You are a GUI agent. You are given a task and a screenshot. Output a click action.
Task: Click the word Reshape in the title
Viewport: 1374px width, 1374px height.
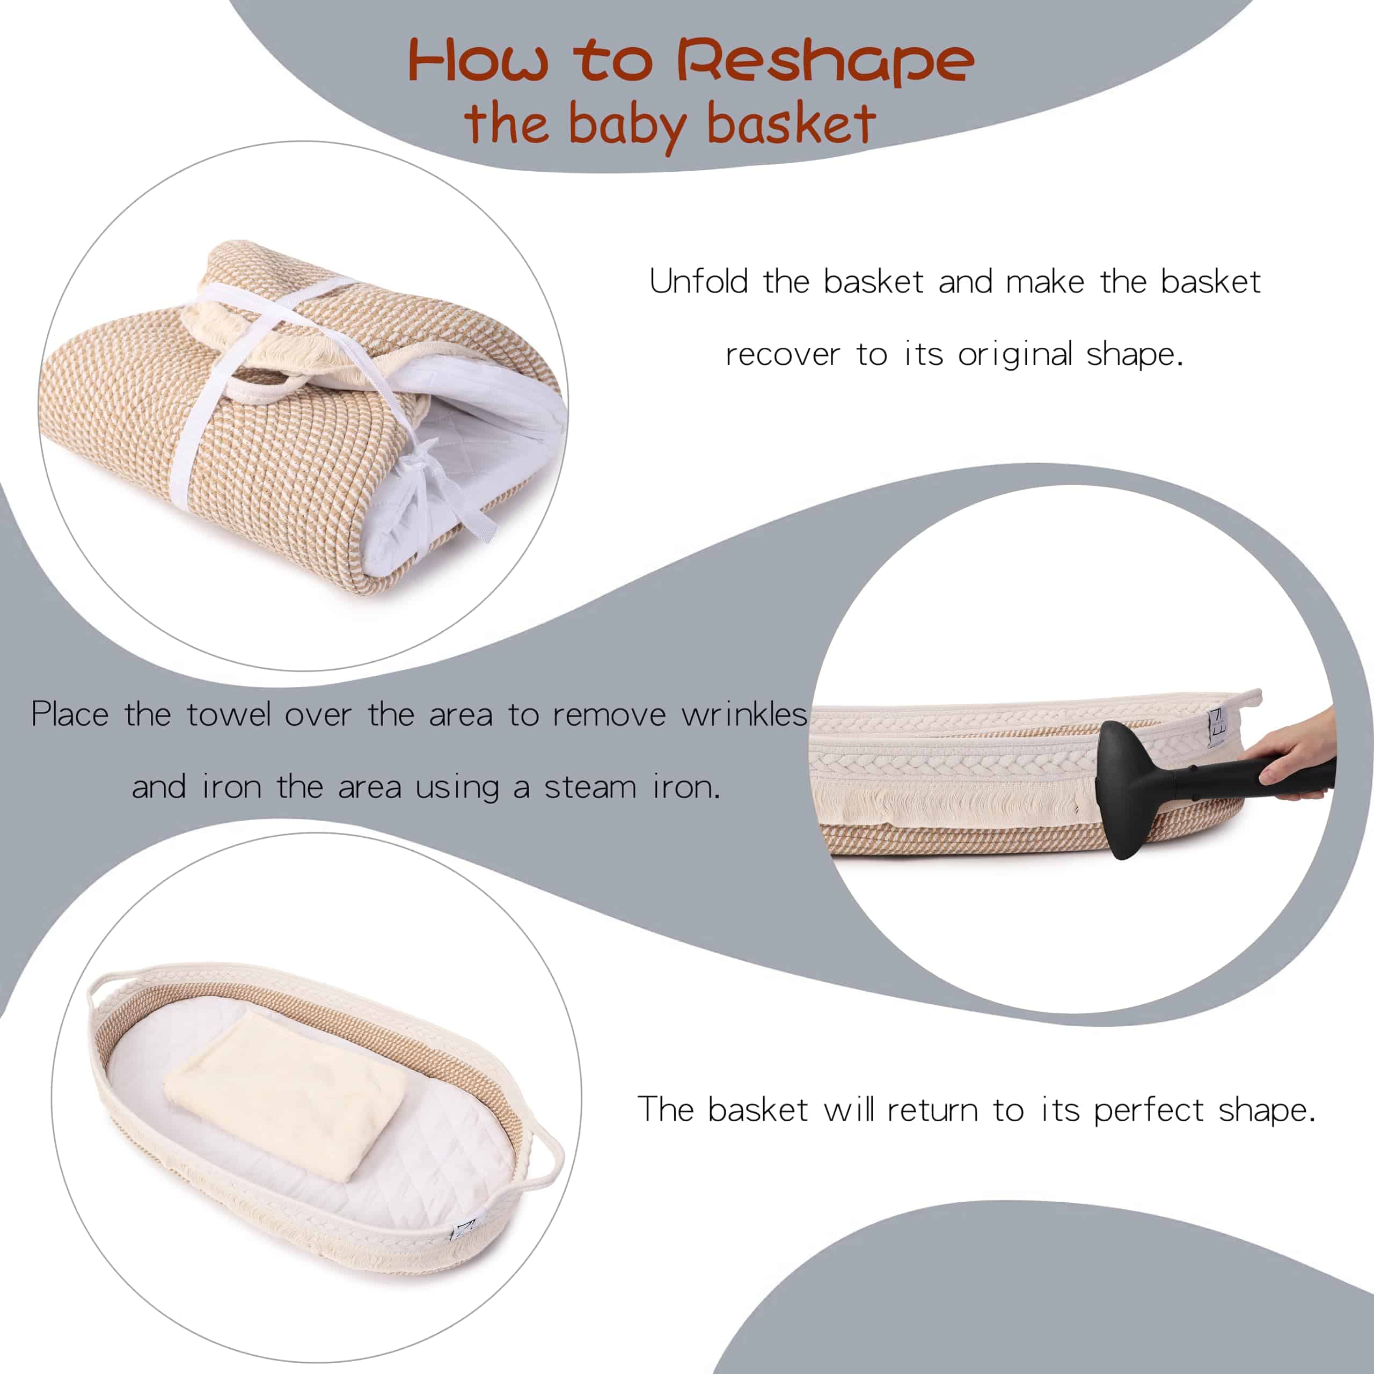tap(824, 62)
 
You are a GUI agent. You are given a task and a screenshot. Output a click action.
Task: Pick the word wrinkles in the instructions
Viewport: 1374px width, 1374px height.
tap(744, 713)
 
